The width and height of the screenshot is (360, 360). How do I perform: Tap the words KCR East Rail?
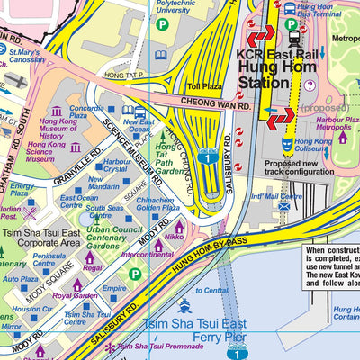[x=275, y=55]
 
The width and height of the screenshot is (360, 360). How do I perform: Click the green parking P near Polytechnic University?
[x=162, y=25]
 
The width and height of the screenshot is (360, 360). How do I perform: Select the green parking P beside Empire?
[x=135, y=274]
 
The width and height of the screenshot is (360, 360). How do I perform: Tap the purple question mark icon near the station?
[x=310, y=85]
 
